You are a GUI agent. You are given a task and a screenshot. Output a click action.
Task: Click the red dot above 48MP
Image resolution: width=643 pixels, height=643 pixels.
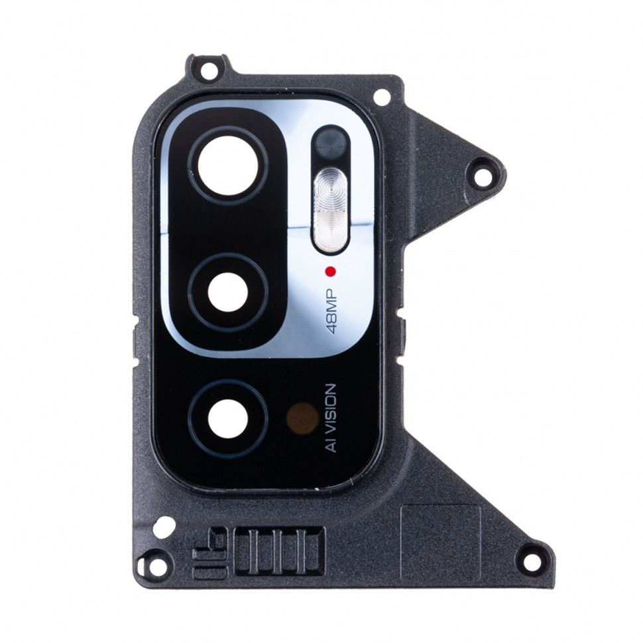point(330,271)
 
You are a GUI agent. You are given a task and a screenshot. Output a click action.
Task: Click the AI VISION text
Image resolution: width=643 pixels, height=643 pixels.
point(331,418)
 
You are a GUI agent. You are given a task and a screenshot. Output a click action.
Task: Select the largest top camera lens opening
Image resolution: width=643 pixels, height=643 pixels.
point(228,166)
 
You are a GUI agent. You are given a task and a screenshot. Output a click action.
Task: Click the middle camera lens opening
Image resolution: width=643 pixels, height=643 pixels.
point(228,292)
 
